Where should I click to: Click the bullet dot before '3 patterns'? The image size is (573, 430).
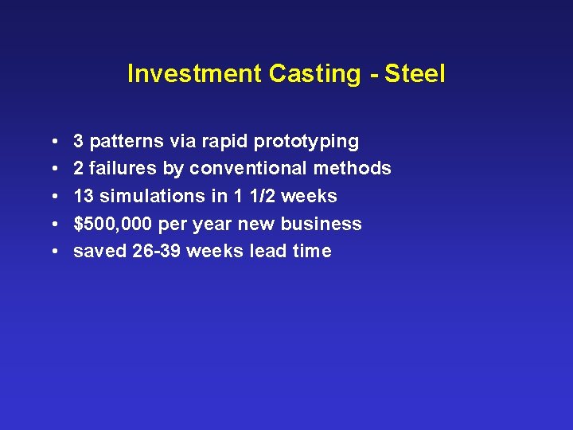click(x=52, y=142)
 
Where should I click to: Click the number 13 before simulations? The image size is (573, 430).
click(x=84, y=196)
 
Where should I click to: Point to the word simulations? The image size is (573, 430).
click(x=150, y=196)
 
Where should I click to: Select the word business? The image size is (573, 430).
click(x=325, y=224)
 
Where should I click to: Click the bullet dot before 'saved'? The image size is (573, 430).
click(x=52, y=251)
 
